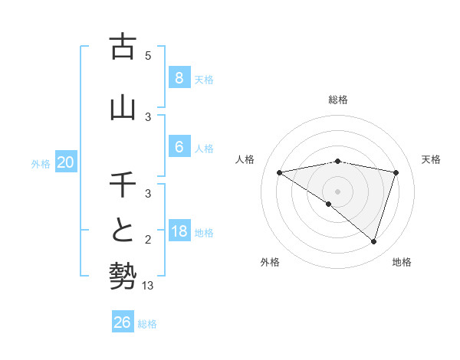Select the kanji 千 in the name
[123, 185]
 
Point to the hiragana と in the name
[123, 231]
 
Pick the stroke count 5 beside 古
[148, 55]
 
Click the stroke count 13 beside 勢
[149, 286]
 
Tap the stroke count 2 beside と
[148, 240]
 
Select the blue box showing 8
[179, 77]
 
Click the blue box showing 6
[179, 146]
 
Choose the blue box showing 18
[179, 231]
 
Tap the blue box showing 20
[66, 162]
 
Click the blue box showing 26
[122, 322]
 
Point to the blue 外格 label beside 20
[41, 163]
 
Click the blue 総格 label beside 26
[147, 324]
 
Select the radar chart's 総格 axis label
[337, 100]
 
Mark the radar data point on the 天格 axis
[396, 172]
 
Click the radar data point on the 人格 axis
[280, 172]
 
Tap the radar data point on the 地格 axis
[373, 241]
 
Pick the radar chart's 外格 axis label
[270, 262]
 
